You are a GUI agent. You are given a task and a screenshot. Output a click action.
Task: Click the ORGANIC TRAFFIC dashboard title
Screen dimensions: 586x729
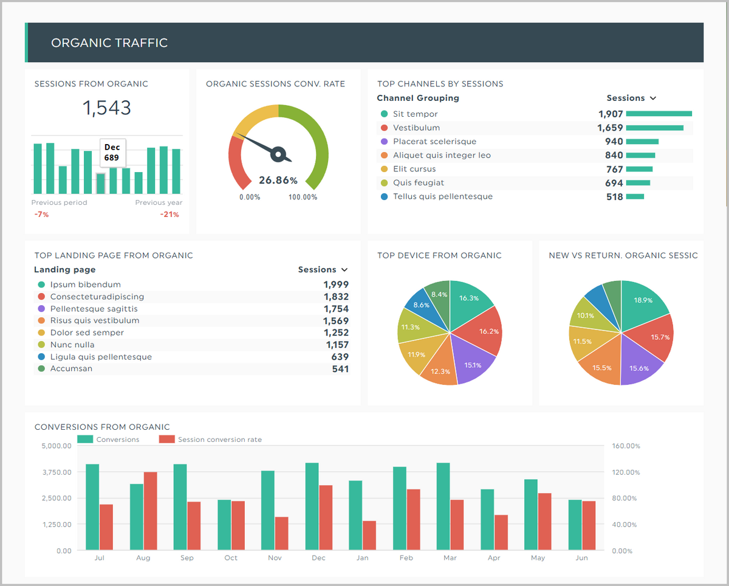(109, 43)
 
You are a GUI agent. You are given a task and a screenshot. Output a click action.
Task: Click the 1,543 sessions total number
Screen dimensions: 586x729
(107, 108)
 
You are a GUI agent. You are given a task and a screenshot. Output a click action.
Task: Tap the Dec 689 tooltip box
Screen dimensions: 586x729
(112, 153)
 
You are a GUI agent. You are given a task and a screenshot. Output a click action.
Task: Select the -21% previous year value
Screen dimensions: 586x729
(169, 215)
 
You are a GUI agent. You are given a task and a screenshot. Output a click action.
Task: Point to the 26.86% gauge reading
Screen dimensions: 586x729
(278, 181)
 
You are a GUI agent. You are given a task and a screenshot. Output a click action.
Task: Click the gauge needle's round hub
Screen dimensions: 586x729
(279, 154)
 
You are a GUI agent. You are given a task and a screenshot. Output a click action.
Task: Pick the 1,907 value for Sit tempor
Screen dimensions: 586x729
(611, 114)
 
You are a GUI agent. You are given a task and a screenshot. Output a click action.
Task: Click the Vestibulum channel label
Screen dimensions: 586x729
(416, 128)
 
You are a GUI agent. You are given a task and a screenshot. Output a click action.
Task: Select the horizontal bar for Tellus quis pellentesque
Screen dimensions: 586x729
(635, 197)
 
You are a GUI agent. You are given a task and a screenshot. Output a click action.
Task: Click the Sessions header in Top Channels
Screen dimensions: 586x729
(626, 98)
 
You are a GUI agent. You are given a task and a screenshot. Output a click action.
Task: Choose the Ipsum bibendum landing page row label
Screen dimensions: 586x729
(85, 284)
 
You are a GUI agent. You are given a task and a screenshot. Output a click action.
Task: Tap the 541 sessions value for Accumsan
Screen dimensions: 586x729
(340, 369)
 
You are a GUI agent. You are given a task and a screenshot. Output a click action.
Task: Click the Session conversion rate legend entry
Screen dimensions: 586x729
(219, 439)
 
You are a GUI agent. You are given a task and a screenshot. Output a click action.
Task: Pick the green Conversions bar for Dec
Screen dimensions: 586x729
(312, 506)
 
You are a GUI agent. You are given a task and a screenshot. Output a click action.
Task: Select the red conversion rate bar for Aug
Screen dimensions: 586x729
(151, 511)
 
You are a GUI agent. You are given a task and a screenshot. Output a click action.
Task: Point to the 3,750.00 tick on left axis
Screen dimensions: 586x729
(56, 472)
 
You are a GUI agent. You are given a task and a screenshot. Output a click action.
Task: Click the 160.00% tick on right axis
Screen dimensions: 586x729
(626, 446)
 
